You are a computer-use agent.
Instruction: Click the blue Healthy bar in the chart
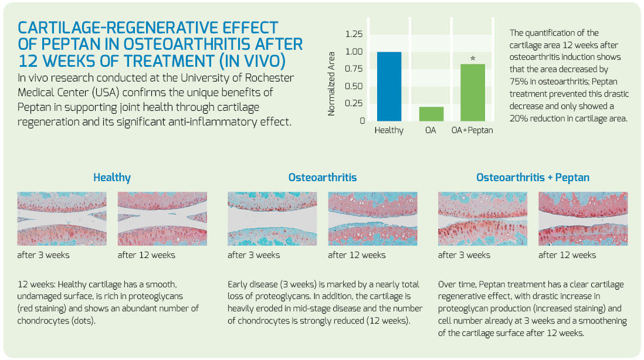[x=389, y=87]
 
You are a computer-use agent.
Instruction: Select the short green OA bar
[x=431, y=114]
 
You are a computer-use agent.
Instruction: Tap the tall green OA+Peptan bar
[x=473, y=93]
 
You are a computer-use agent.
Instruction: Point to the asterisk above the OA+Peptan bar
[x=473, y=58]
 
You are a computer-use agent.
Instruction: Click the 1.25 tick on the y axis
[x=354, y=34]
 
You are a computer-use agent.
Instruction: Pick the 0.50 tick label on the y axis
[x=354, y=86]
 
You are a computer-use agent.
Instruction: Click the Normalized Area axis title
[x=331, y=84]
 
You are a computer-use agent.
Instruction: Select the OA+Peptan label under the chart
[x=472, y=131]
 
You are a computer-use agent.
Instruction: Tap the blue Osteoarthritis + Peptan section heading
[x=533, y=177]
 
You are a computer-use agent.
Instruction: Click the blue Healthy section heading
[x=111, y=177]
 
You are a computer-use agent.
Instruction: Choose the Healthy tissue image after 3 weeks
[x=62, y=219]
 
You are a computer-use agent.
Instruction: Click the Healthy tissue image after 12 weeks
[x=162, y=219]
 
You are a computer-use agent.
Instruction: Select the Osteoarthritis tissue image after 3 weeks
[x=272, y=219]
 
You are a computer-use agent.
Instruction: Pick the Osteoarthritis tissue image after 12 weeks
[x=372, y=219]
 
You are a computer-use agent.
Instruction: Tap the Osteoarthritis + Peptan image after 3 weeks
[x=483, y=219]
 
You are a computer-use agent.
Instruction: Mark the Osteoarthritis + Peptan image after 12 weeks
[x=583, y=219]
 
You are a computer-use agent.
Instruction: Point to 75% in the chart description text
[x=518, y=81]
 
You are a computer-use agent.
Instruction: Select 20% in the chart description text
[x=518, y=118]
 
